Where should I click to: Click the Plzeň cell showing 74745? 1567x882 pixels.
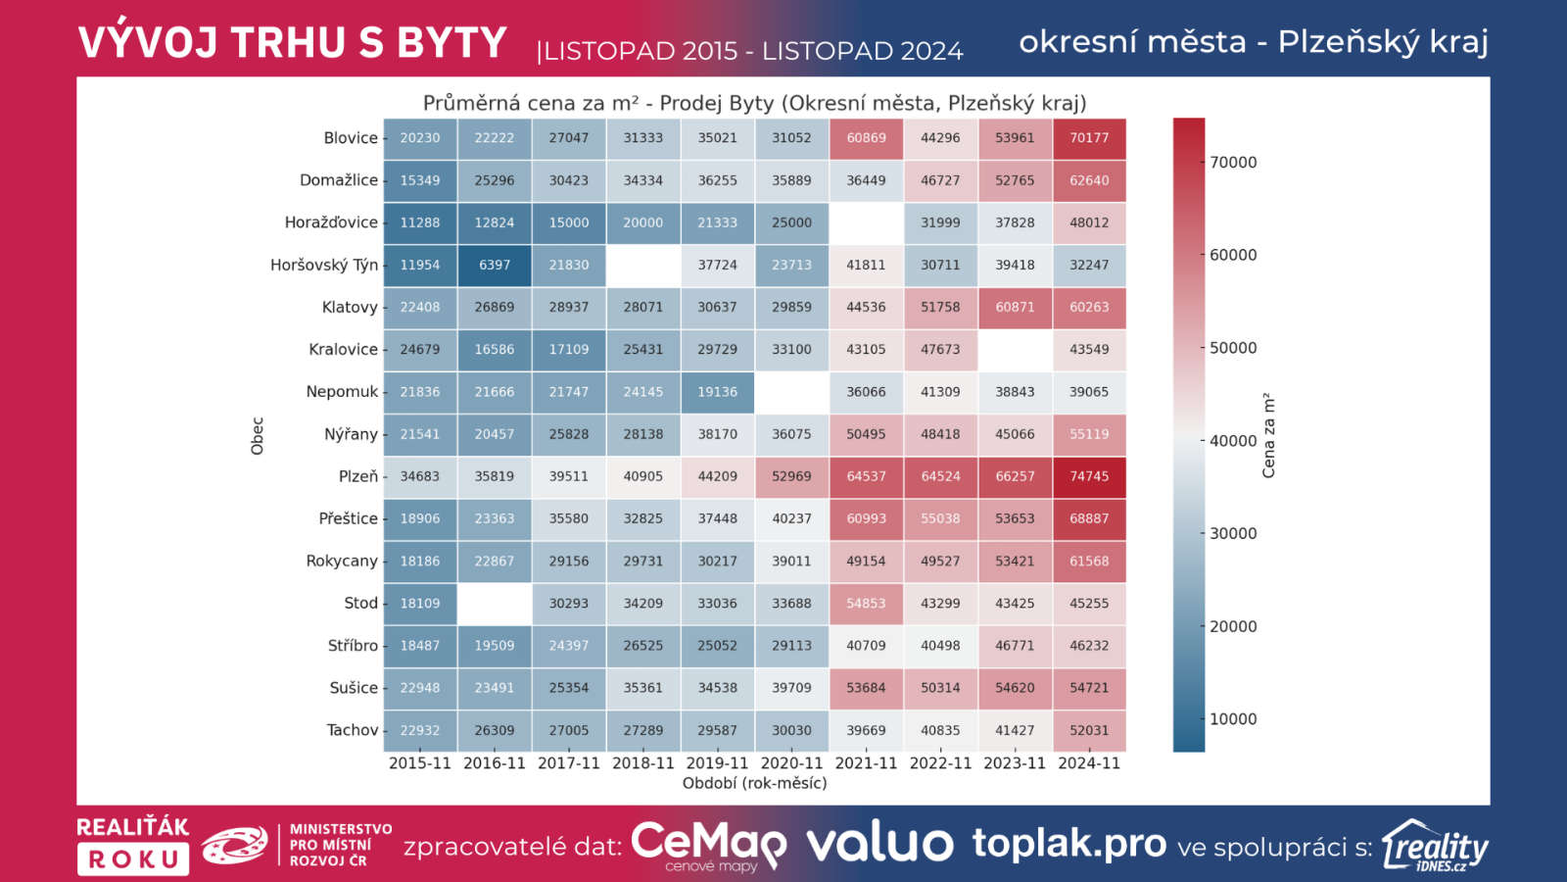pos(1089,477)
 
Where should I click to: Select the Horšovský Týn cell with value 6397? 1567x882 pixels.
pos(495,266)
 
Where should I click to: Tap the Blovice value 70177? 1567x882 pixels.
pos(1089,138)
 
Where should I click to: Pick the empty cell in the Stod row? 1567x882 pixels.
pos(495,604)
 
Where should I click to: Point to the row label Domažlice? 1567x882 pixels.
pos(338,180)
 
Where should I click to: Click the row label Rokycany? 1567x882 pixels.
pos(341,562)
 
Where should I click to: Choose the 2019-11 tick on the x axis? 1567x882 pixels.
pos(717,763)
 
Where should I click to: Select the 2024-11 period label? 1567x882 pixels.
pos(1089,763)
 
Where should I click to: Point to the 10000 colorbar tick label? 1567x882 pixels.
pos(1233,719)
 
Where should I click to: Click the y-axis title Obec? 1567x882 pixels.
pos(258,436)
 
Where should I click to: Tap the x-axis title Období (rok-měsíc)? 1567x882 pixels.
pos(754,784)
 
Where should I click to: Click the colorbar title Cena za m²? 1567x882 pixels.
pos(1269,436)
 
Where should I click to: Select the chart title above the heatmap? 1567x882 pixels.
pos(754,103)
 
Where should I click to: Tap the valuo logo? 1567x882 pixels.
pos(878,843)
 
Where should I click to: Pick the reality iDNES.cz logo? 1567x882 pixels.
pos(1435,846)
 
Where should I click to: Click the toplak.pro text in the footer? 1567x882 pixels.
pos(1068,843)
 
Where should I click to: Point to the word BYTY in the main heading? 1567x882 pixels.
pos(451,43)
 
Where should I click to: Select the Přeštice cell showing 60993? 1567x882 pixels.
pos(866,519)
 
